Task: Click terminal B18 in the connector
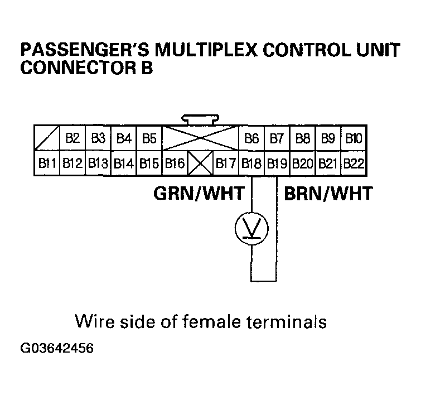[251, 164]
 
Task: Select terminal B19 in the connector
[277, 164]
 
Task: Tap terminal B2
[72, 138]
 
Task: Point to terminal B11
[46, 164]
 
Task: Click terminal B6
[251, 138]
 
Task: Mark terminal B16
[175, 164]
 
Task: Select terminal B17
[226, 164]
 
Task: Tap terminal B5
[149, 138]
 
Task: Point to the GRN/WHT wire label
[199, 194]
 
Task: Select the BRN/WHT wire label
[328, 194]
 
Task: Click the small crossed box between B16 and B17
[200, 164]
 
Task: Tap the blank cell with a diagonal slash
[46, 138]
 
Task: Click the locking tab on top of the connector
[200, 119]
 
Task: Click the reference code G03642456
[56, 349]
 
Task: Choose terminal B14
[123, 164]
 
